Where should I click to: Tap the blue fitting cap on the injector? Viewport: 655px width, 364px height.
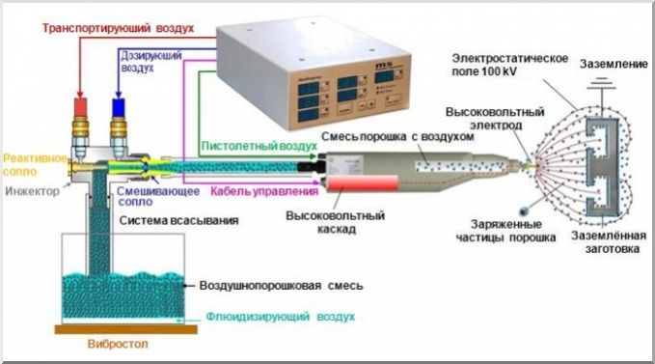coord(121,104)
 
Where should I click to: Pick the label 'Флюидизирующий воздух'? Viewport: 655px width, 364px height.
coord(279,317)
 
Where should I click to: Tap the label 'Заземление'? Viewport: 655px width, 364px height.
coord(612,64)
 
